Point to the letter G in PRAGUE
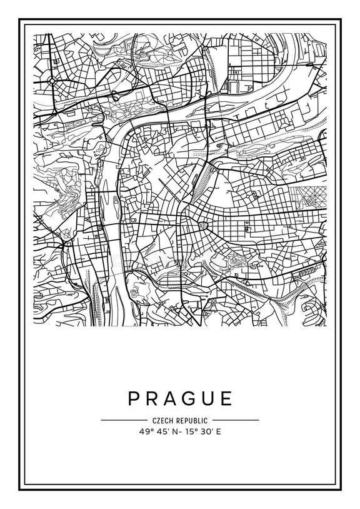(191, 398)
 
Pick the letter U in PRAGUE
(210, 398)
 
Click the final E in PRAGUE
(227, 398)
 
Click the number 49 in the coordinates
(145, 431)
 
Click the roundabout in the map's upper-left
(52, 82)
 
